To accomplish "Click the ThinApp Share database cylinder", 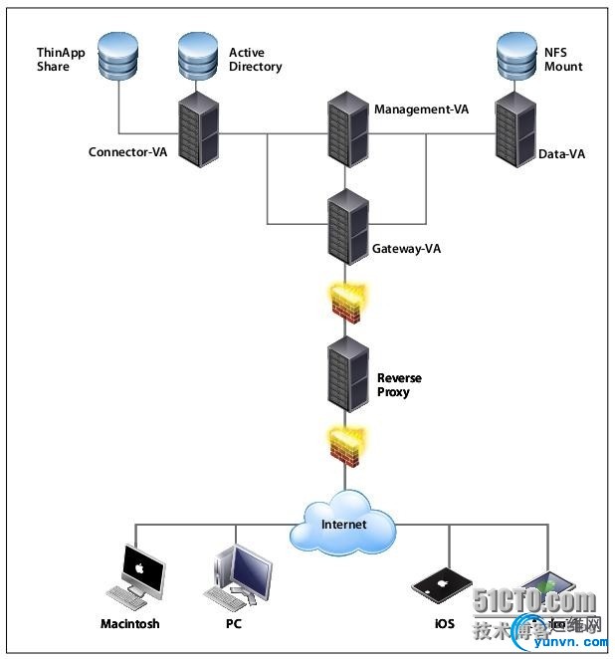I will [x=118, y=57].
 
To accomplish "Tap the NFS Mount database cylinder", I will [x=516, y=57].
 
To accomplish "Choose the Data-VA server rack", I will [x=516, y=129].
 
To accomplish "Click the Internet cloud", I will [x=343, y=523].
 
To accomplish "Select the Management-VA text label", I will [x=421, y=109].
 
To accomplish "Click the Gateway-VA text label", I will [x=406, y=249].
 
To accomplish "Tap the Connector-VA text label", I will [x=127, y=152].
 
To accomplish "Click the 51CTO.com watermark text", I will [x=534, y=602].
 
